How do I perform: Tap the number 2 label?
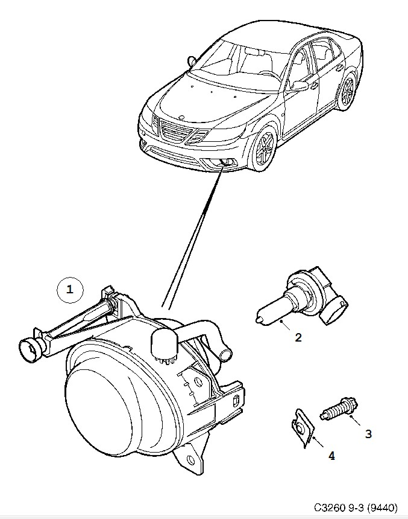pos(298,338)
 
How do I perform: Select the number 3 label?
pos(368,433)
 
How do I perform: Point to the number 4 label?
pos(331,456)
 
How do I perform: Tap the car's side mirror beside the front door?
pos(300,87)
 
